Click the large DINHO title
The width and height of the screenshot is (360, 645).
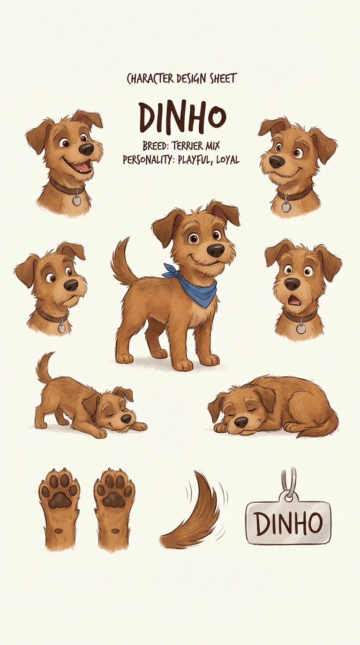pos(183,117)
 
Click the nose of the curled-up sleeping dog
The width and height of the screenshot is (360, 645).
pos(241,423)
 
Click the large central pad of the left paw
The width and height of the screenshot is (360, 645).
pos(60,500)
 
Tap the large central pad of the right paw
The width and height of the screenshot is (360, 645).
pos(114,500)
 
